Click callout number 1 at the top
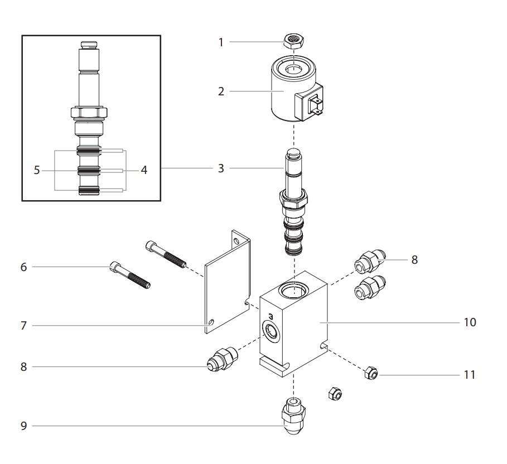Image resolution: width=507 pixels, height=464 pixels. tap(220, 42)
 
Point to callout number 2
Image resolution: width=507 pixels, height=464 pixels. tap(221, 91)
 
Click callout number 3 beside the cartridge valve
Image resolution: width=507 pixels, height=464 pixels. tap(221, 168)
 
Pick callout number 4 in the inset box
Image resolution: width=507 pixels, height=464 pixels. tap(144, 170)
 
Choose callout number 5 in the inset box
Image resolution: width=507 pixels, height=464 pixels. tap(37, 170)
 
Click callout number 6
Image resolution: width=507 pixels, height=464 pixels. tap(23, 267)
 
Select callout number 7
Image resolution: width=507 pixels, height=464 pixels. tap(23, 325)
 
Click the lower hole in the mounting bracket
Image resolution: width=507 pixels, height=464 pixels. tap(211, 322)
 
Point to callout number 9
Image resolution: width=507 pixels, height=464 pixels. tap(23, 427)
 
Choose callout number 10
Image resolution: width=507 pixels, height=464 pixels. tap(470, 322)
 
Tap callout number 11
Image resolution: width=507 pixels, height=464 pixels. tap(470, 374)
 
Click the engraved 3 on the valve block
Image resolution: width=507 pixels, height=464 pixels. tap(270, 315)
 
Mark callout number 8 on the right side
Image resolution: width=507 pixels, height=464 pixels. tap(414, 259)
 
